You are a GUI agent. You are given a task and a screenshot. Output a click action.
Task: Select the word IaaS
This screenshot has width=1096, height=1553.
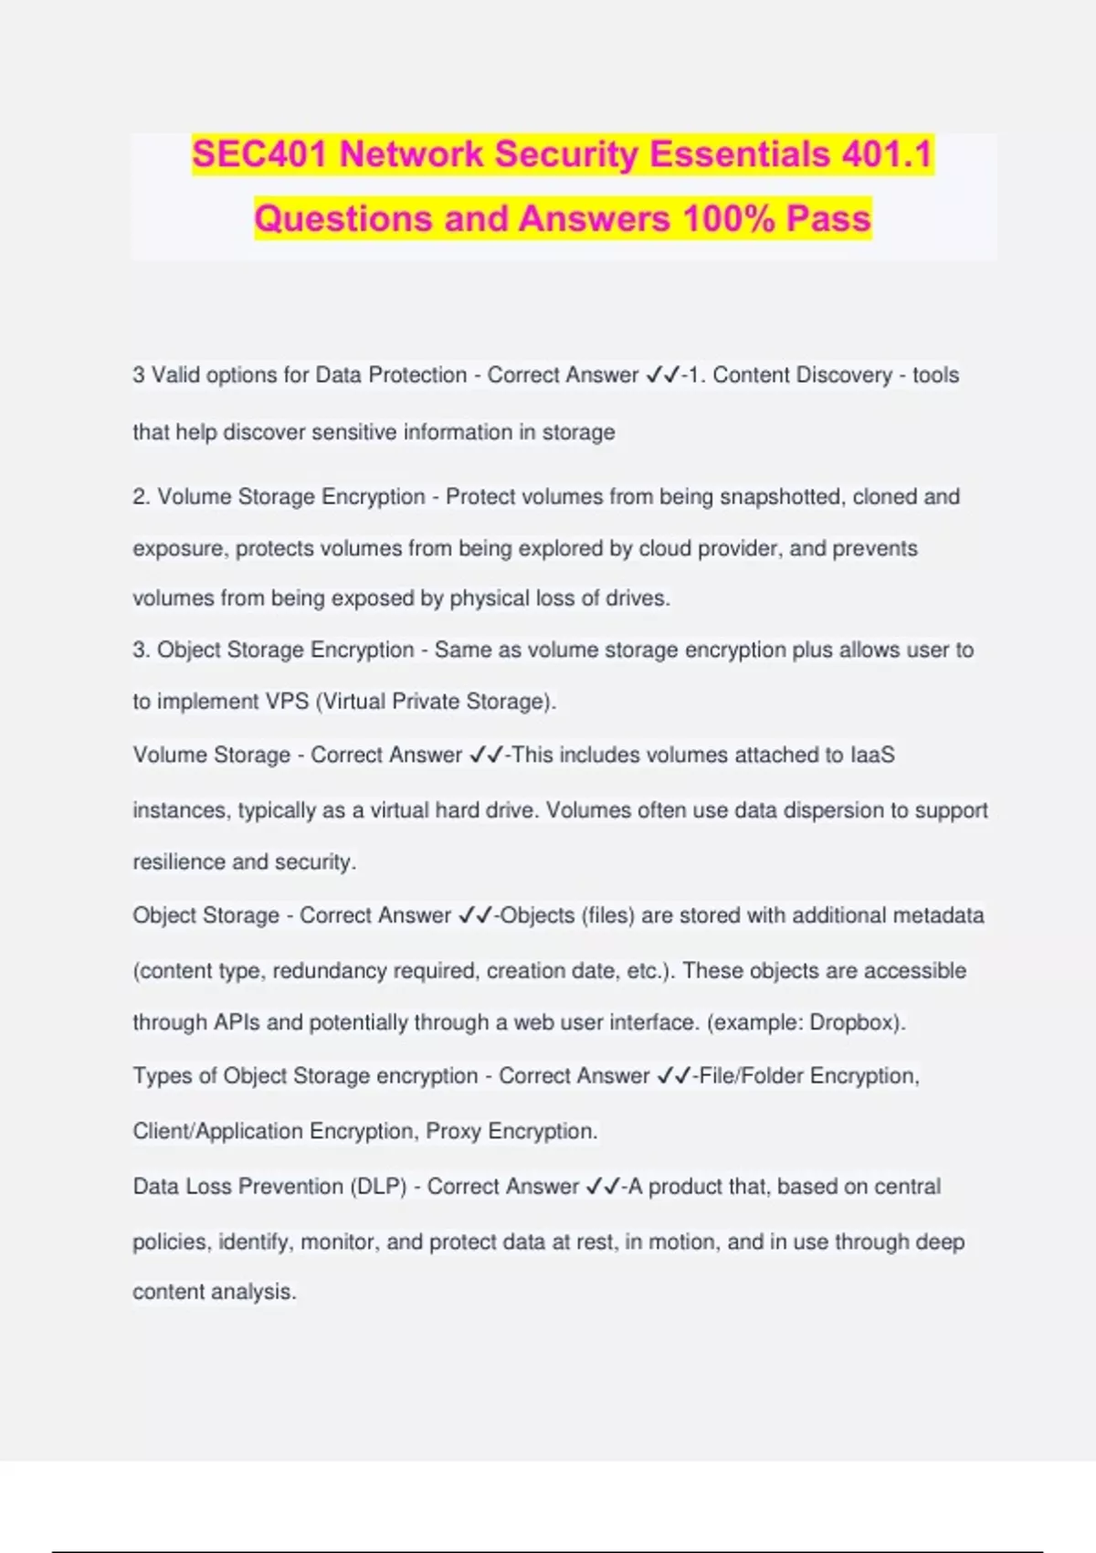(872, 755)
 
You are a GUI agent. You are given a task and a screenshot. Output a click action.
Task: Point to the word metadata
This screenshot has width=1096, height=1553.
(938, 915)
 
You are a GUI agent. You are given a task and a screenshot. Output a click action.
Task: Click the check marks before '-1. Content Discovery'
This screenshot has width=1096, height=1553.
(662, 375)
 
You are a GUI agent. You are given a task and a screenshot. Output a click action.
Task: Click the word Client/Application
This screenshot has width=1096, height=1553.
(218, 1132)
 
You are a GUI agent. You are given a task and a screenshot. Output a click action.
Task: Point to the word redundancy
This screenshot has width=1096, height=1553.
(330, 971)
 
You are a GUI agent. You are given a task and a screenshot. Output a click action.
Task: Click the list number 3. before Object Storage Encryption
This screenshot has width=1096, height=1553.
(141, 650)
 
